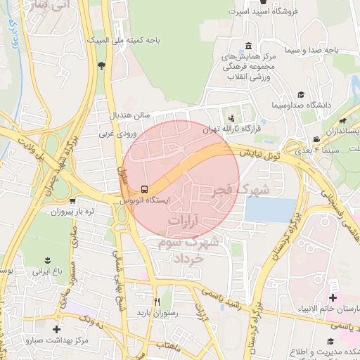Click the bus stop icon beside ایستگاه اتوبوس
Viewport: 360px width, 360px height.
(x=145, y=189)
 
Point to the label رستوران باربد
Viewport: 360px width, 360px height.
(x=157, y=311)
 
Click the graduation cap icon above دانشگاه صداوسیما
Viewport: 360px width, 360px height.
(x=301, y=94)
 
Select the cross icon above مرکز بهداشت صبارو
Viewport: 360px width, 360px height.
(x=57, y=329)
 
